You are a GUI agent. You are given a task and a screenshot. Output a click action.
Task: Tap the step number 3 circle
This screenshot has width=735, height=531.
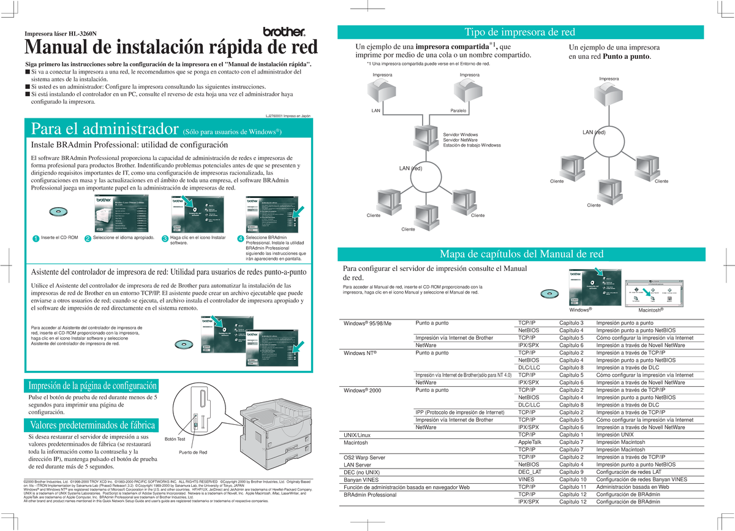(x=165, y=239)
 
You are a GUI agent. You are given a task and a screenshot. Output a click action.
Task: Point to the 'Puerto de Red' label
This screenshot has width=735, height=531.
(x=193, y=453)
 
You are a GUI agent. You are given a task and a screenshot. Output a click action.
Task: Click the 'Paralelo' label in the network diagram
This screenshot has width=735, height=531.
(x=458, y=111)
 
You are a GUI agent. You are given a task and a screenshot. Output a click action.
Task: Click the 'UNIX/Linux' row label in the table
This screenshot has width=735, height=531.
(x=359, y=435)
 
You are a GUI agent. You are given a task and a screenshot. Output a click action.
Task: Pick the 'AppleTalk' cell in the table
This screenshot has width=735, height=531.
(x=530, y=442)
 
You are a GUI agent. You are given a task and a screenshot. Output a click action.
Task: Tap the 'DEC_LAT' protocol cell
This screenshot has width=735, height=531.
(x=530, y=472)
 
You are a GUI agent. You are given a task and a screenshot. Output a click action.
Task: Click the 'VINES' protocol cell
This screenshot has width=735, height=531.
(x=527, y=479)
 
